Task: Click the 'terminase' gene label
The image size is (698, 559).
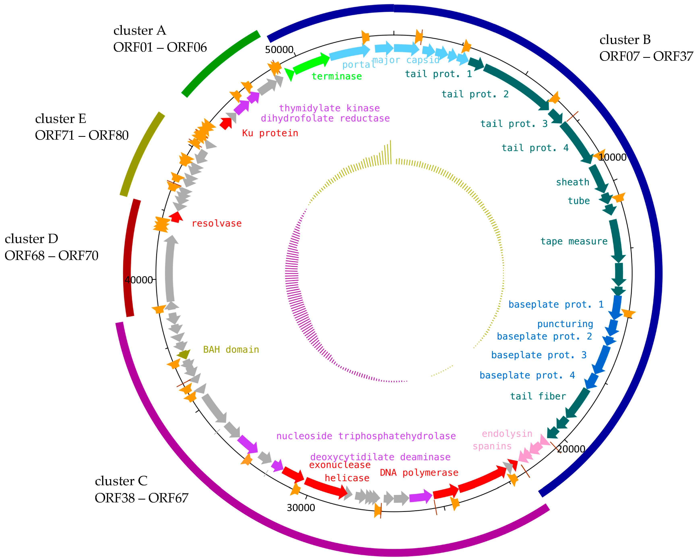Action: click(x=337, y=76)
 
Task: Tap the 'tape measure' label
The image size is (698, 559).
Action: click(x=574, y=241)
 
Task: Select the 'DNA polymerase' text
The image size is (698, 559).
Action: click(x=419, y=473)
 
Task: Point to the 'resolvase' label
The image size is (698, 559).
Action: click(x=216, y=223)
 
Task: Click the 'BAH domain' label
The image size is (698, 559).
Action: click(x=231, y=350)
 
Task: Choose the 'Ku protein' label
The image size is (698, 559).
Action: click(x=270, y=133)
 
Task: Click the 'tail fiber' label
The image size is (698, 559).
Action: click(x=538, y=396)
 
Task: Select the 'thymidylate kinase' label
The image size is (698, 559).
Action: click(x=329, y=108)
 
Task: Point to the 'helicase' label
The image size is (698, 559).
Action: click(x=347, y=478)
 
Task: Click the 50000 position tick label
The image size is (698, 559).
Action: click(x=279, y=50)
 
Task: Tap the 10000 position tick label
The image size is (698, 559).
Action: click(x=612, y=157)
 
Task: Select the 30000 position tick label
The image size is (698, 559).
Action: click(x=301, y=508)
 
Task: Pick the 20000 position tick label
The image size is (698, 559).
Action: click(x=571, y=449)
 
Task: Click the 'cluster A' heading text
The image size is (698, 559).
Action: click(x=140, y=30)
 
